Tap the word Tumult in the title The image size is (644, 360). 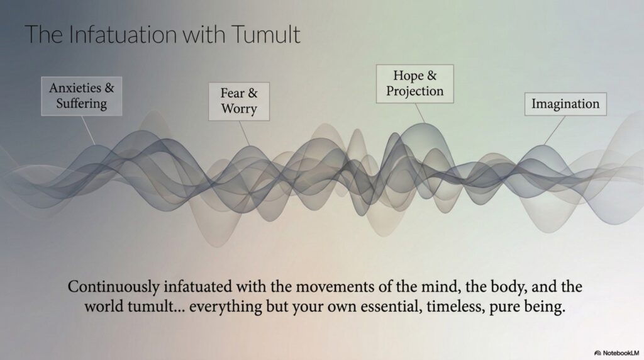[x=266, y=34]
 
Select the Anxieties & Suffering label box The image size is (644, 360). [x=82, y=96]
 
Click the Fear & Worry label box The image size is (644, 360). [x=239, y=101]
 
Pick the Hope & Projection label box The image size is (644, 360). [x=415, y=84]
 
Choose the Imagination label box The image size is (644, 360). [x=565, y=104]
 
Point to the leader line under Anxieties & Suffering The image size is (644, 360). [x=88, y=130]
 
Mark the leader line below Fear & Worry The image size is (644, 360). [x=245, y=133]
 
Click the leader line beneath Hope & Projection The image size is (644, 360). [x=419, y=113]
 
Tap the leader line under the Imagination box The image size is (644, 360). [x=555, y=130]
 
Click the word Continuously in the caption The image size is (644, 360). [x=114, y=287]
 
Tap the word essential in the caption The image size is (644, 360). [x=391, y=307]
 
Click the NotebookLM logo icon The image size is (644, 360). [x=597, y=353]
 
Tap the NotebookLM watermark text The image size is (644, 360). [x=621, y=353]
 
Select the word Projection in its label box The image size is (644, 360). [x=415, y=91]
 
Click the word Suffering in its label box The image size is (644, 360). [x=82, y=104]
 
